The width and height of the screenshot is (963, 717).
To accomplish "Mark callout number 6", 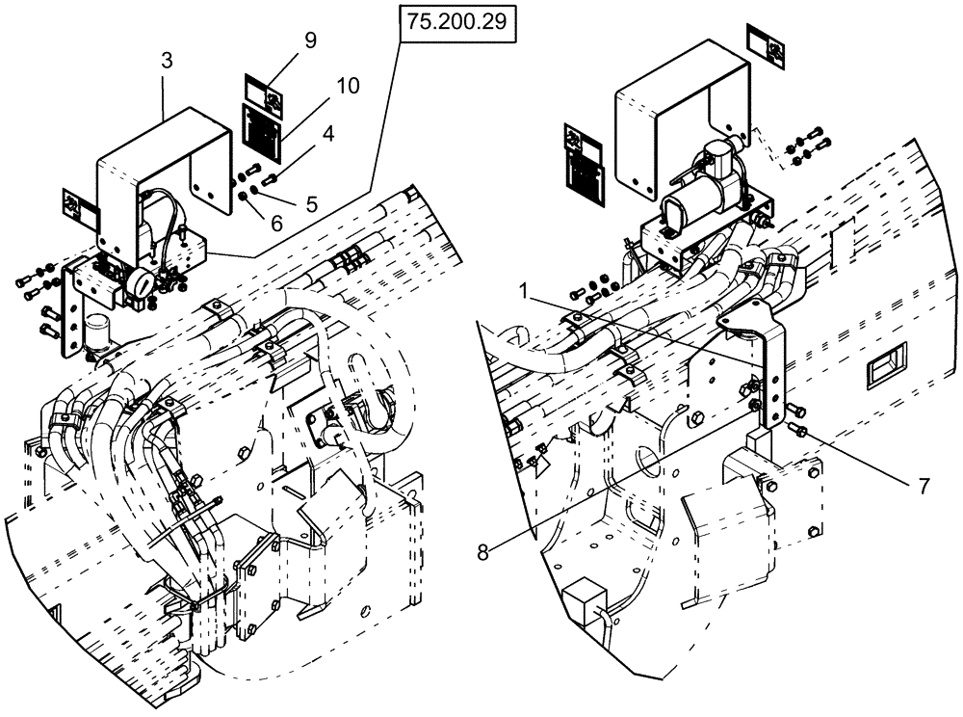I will (277, 223).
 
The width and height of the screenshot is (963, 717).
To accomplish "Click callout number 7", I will (924, 487).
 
